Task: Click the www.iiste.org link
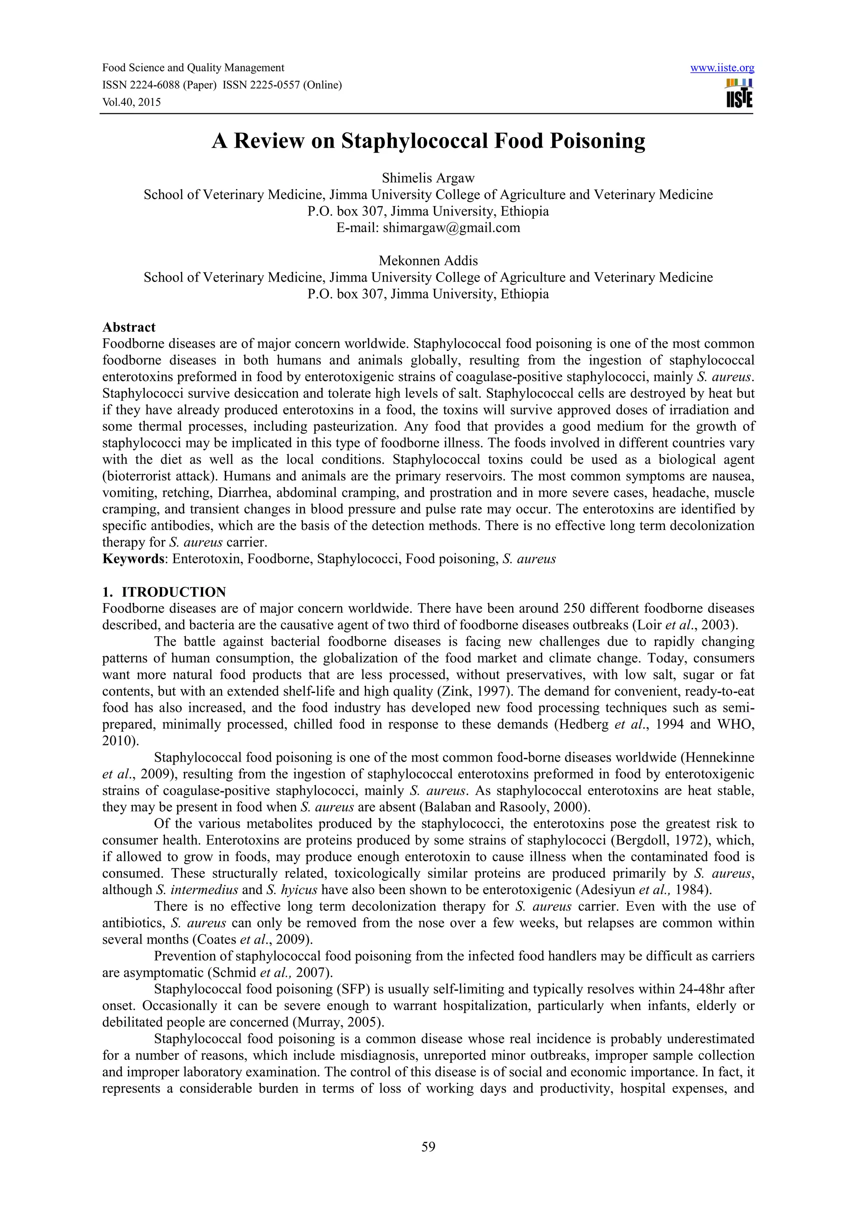coord(722,68)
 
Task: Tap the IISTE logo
coord(739,93)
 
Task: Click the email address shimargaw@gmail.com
coord(451,228)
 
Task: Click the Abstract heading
coord(129,327)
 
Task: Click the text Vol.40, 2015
coord(131,102)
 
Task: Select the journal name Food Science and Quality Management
coord(193,68)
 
